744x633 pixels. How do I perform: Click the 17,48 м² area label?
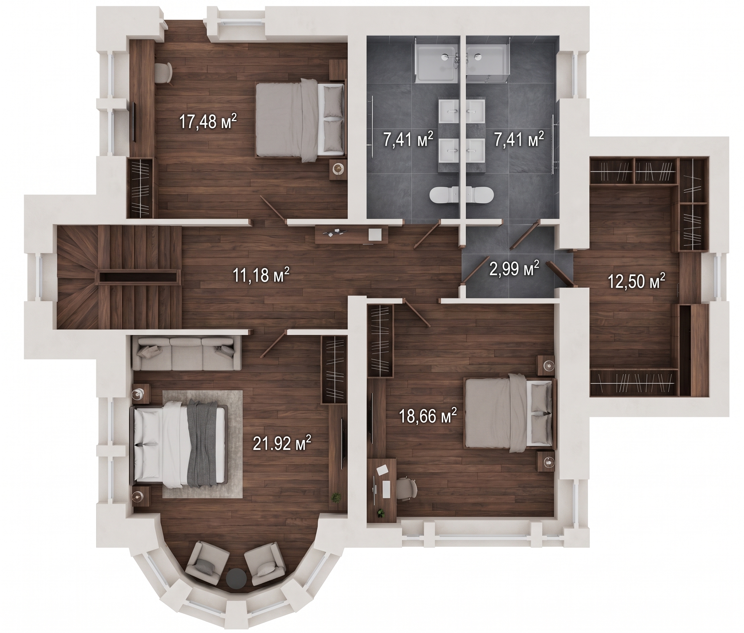click(208, 121)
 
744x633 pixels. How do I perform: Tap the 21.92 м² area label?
click(282, 444)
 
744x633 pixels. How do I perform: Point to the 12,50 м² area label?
click(636, 281)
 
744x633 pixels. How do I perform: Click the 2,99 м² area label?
click(514, 268)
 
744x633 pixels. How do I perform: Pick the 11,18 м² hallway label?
click(261, 275)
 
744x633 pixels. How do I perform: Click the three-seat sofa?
click(187, 353)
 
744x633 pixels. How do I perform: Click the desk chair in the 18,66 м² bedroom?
click(406, 488)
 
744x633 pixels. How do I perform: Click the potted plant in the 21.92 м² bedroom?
click(336, 497)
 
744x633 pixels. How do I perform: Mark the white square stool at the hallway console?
click(376, 234)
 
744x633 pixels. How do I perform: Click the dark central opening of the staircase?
click(138, 277)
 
